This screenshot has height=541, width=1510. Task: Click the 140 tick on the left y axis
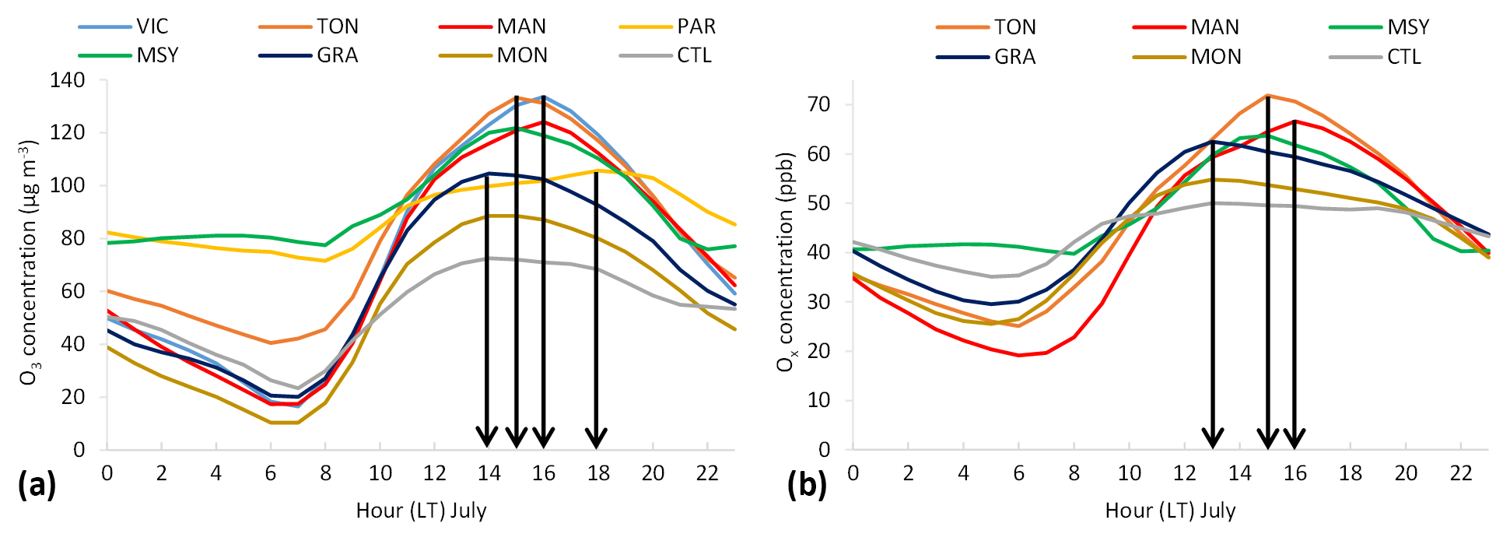(68, 80)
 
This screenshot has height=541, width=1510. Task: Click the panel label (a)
(37, 485)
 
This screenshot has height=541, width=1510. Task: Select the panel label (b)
(807, 485)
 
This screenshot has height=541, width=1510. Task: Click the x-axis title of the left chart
(421, 511)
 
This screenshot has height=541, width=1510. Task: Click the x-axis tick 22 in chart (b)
(1461, 473)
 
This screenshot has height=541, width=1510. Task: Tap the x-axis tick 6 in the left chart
(271, 473)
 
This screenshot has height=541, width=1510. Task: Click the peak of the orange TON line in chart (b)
(1268, 96)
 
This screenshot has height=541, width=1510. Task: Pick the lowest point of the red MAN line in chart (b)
(1019, 355)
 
